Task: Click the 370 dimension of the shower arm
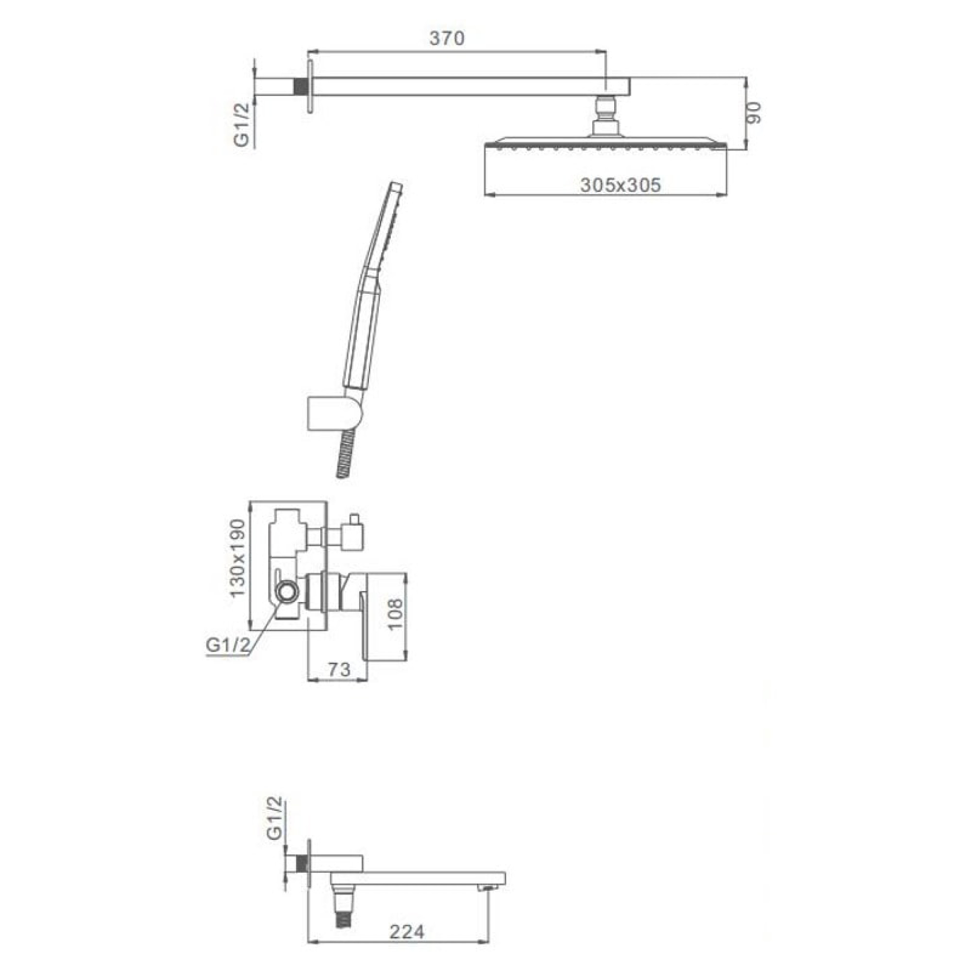447,39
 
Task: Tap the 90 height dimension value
754,113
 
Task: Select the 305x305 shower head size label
620,185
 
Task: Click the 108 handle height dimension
396,613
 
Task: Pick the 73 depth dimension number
339,669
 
